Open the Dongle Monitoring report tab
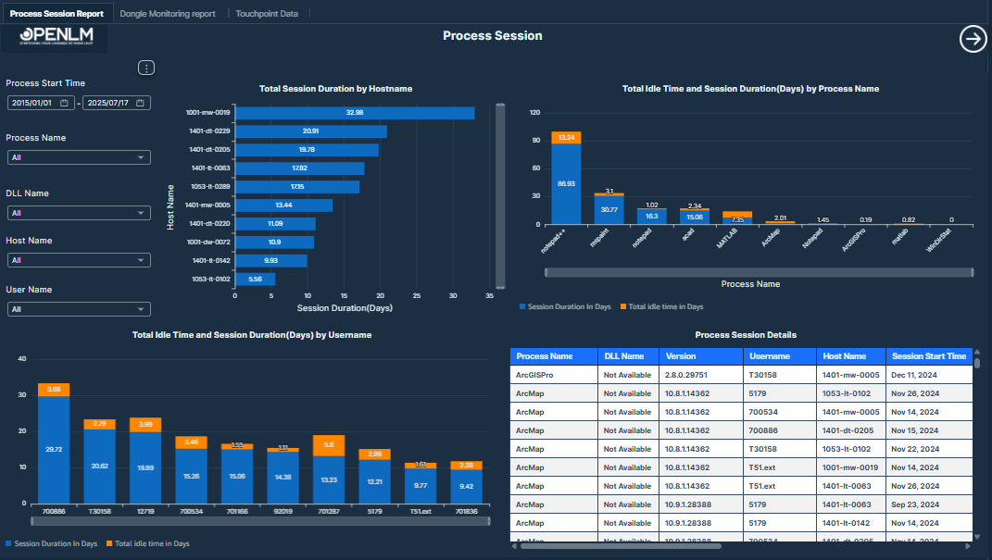[168, 14]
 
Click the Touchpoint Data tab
[267, 14]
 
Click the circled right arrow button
[973, 39]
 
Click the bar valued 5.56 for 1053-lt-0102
[255, 279]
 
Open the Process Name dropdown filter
[78, 157]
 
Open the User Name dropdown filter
[78, 309]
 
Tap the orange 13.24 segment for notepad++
[566, 138]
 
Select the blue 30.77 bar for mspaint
[609, 210]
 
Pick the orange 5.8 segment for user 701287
[329, 445]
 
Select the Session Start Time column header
[927, 356]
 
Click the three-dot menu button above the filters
[146, 68]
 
